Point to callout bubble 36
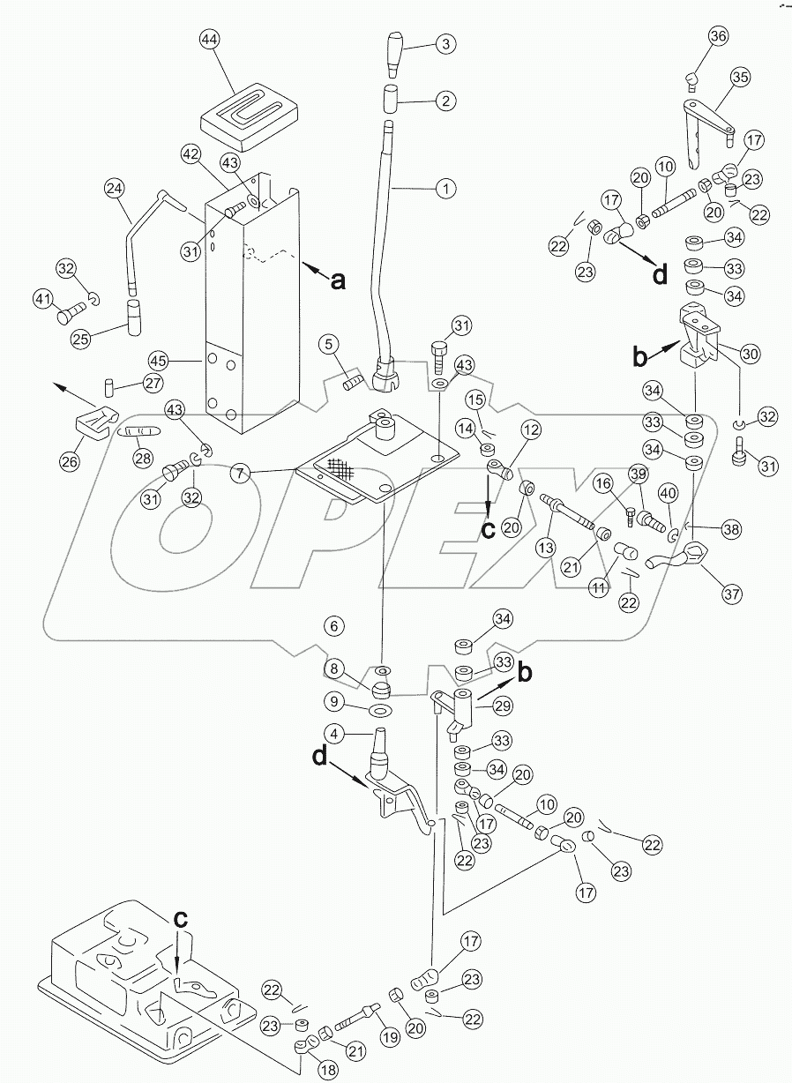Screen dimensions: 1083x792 click(718, 36)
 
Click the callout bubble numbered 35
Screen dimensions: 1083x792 click(739, 78)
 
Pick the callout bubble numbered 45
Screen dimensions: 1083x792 click(158, 361)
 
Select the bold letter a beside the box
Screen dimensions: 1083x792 click(336, 280)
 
